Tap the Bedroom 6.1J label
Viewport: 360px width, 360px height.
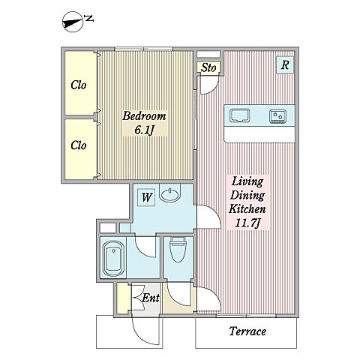pos(144,123)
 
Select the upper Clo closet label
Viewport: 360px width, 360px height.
pos(79,85)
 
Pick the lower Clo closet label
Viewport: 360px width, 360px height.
pos(79,145)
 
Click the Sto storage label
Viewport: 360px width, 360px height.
pos(208,67)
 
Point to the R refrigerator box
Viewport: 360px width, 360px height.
pos(285,65)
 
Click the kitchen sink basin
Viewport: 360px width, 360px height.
pos(240,115)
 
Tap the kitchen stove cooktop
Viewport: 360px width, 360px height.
pos(278,116)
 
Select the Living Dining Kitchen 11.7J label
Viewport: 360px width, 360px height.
pos(247,202)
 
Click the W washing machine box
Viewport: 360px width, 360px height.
pos(146,197)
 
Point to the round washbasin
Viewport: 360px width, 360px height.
pos(170,194)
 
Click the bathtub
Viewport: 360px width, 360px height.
pos(113,258)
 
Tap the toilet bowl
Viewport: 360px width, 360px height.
pos(178,250)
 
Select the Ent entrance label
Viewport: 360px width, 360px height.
pos(151,298)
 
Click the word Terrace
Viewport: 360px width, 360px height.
pos(247,331)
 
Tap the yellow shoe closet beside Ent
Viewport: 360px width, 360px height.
pos(123,298)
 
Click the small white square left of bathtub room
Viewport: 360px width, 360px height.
pos(108,228)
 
